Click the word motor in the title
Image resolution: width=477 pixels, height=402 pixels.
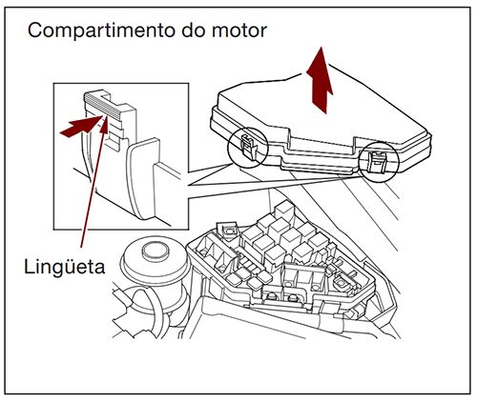pos(235,30)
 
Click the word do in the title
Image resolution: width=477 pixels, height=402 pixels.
pos(185,30)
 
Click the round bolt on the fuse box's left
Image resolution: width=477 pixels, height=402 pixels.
pos(229,230)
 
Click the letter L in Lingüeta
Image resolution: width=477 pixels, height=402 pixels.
pos(29,266)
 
